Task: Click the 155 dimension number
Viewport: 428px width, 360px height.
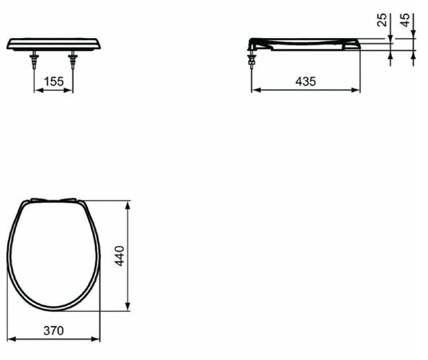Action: point(54,81)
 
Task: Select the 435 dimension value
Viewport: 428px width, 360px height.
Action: point(306,81)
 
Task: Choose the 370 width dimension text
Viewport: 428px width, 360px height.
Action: point(53,330)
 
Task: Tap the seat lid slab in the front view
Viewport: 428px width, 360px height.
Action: point(54,44)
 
